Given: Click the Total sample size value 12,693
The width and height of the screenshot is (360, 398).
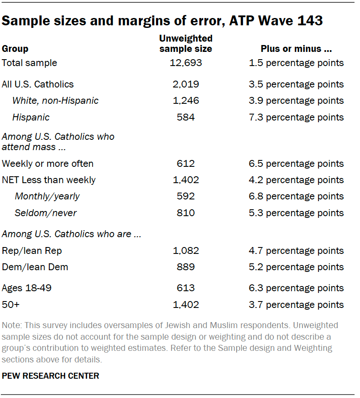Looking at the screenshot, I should pyautogui.click(x=186, y=63).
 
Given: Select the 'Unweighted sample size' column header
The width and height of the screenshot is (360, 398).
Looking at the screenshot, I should pyautogui.click(x=186, y=44).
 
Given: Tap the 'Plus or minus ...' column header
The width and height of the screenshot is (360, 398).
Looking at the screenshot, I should pyautogui.click(x=296, y=48).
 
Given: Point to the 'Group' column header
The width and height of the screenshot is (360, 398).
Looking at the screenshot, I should pyautogui.click(x=15, y=48).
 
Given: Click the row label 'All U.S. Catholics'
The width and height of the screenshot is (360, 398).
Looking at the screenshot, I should pyautogui.click(x=38, y=84).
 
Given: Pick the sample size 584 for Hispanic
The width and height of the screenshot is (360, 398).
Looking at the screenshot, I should pyautogui.click(x=186, y=117).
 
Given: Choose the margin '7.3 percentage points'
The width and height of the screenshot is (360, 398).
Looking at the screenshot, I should pyautogui.click(x=296, y=117).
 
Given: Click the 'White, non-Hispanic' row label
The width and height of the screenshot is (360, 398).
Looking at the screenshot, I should pyautogui.click(x=55, y=101).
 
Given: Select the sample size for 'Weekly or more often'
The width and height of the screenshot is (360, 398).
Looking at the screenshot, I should pyautogui.click(x=186, y=163).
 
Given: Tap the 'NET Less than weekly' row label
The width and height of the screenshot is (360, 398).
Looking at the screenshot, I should pyautogui.click(x=49, y=180).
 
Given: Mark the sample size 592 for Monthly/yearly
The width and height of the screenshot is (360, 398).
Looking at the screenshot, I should pyautogui.click(x=186, y=196).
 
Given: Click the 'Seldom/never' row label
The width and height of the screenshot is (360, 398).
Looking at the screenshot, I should pyautogui.click(x=45, y=213).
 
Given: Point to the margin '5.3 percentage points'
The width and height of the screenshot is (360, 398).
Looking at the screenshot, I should pyautogui.click(x=296, y=213).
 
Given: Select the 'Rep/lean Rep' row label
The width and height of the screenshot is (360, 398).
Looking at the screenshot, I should pyautogui.click(x=29, y=250).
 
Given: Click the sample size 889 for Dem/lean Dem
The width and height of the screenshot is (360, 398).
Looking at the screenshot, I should pyautogui.click(x=186, y=267).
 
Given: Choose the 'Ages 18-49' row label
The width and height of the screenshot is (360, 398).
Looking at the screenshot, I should pyautogui.click(x=27, y=288).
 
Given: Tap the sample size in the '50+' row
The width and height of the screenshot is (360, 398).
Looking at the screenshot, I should pyautogui.click(x=186, y=305).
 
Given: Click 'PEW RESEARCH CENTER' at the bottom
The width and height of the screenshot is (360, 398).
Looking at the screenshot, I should pyautogui.click(x=51, y=376).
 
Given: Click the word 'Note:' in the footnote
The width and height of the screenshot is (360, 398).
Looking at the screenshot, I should pyautogui.click(x=11, y=325).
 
